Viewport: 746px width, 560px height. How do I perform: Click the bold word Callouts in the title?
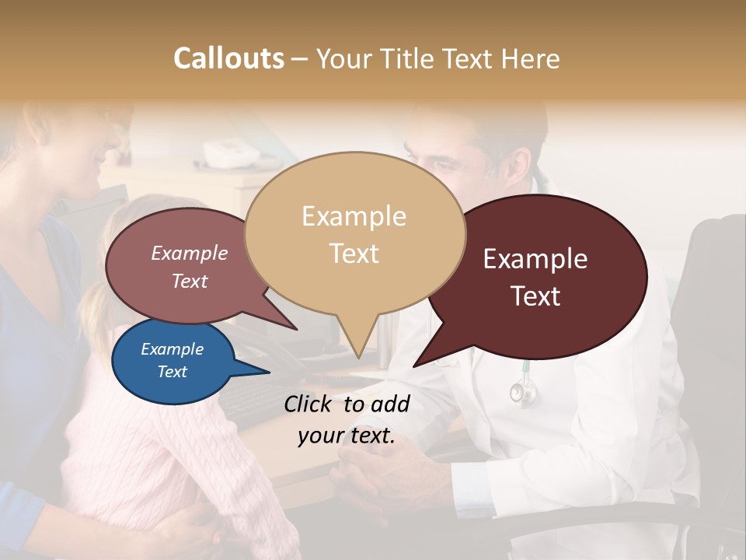(228, 58)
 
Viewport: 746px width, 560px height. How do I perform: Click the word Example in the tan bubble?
(354, 216)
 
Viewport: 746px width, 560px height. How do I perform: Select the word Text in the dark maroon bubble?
(536, 296)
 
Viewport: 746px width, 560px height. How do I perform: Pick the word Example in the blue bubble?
(172, 349)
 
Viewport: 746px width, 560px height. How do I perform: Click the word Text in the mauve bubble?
(190, 281)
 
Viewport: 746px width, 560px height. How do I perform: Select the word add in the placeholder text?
(390, 404)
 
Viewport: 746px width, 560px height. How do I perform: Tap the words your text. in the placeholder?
(347, 436)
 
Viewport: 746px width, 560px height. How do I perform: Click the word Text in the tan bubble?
(354, 254)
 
